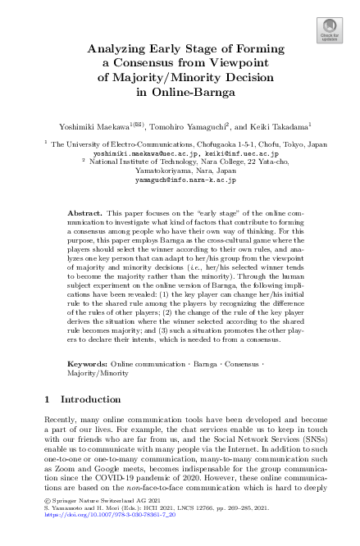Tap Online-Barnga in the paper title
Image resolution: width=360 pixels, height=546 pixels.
point(180,93)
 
